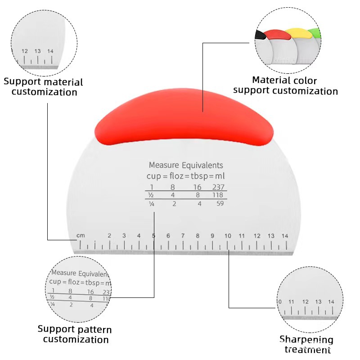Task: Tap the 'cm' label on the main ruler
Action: tap(81, 235)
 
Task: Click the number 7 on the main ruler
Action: tap(183, 236)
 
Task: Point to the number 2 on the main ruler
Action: tap(109, 235)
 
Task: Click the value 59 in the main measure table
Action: tap(220, 203)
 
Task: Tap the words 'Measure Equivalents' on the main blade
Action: tap(186, 165)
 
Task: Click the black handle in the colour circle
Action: tap(260, 34)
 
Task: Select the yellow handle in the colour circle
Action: tap(297, 33)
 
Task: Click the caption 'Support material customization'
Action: tap(44, 87)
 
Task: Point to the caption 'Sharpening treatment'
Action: tap(306, 344)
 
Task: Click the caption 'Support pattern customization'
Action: tap(75, 334)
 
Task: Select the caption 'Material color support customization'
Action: tap(285, 86)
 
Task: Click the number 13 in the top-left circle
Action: tap(37, 51)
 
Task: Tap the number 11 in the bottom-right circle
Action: tap(292, 301)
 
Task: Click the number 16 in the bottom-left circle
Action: tap(90, 292)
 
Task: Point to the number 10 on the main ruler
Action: tap(228, 236)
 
